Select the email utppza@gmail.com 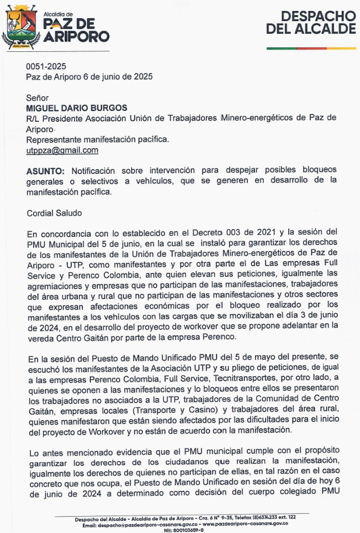62,150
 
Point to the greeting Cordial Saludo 54,213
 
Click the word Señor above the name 37,97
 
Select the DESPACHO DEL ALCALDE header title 310,22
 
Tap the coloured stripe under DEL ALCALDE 310,47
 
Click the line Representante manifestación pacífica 97,139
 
